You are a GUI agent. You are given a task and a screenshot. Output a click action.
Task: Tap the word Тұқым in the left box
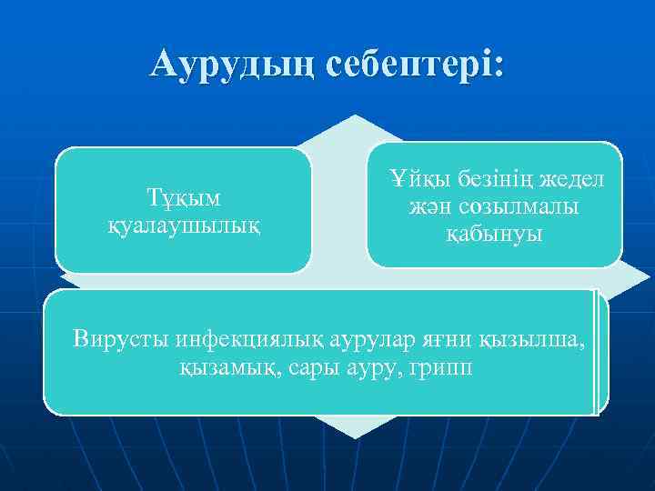pyautogui.click(x=185, y=196)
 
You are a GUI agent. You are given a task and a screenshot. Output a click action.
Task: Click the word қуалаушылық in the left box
pyautogui.click(x=185, y=223)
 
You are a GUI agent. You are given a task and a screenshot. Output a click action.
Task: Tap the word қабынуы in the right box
pyautogui.click(x=494, y=234)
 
